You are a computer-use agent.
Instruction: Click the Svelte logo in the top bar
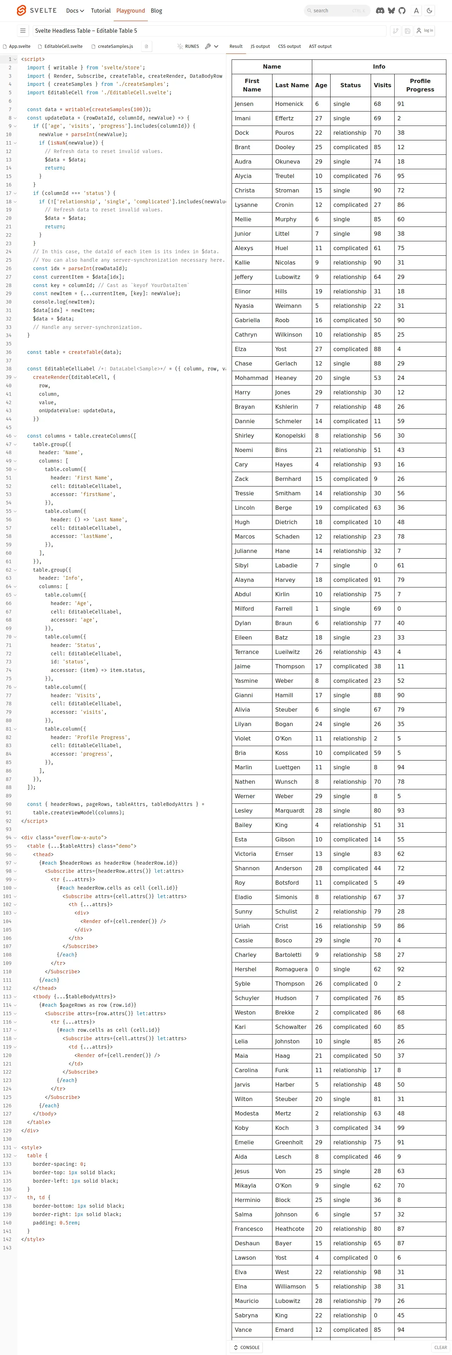21,11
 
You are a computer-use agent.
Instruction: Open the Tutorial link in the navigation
100,11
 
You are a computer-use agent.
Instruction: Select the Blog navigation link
156,11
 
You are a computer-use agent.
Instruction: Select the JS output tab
260,46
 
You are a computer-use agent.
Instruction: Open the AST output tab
320,46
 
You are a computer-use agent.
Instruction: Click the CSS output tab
289,46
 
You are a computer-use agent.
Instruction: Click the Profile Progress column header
420,85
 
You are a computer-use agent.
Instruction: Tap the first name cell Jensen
244,104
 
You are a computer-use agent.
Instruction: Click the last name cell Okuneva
287,161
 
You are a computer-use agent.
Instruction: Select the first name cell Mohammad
251,378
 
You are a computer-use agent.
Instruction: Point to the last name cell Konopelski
290,435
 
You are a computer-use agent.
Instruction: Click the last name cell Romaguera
291,969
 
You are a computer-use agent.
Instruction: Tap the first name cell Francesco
249,1229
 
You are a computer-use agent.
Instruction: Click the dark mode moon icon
429,11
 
